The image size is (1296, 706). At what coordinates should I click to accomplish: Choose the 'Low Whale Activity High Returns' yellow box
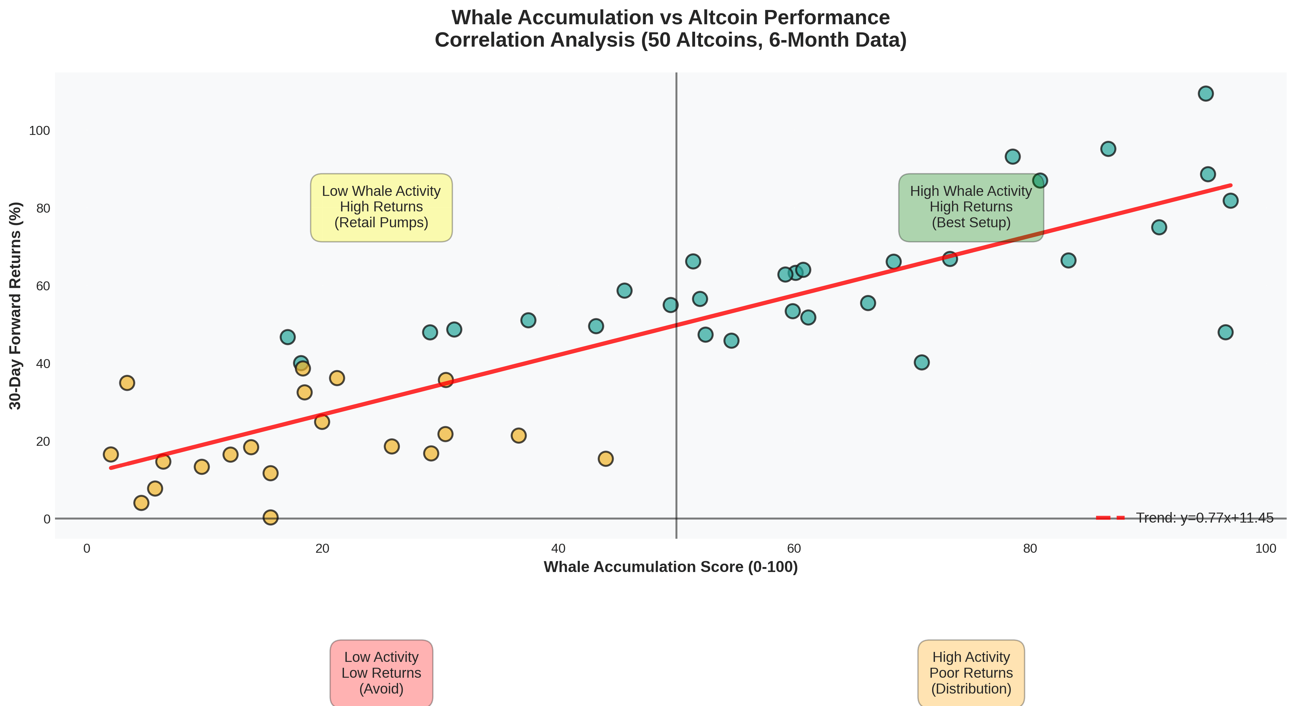(381, 207)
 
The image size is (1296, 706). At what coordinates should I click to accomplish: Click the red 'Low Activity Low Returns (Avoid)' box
(381, 673)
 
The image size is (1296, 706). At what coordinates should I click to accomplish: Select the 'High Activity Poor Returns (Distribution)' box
(971, 673)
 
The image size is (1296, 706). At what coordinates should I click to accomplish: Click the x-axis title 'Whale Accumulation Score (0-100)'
(671, 567)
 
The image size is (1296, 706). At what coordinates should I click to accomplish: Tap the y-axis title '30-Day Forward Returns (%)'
(16, 306)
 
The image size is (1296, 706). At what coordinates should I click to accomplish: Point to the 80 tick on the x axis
(1030, 548)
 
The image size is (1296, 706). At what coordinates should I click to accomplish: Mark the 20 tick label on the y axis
(43, 441)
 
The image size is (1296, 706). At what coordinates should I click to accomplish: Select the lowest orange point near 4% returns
(141, 503)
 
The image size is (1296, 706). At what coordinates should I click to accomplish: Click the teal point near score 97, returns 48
(1225, 332)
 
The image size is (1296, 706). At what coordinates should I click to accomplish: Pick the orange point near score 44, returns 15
(606, 459)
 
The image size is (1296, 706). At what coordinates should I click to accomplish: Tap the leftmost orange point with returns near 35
(127, 383)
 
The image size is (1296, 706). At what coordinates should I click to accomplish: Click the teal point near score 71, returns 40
(922, 362)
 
